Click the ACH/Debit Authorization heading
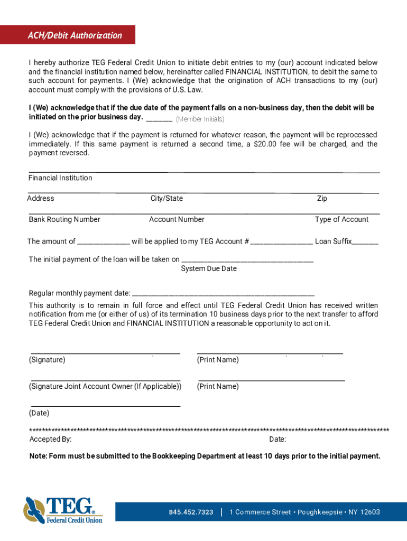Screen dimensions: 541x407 [75, 35]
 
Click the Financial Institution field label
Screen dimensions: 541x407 [60, 178]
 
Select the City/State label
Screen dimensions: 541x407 [166, 199]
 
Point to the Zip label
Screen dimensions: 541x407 [322, 199]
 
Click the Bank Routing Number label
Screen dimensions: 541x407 [64, 220]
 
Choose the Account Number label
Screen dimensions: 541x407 [177, 220]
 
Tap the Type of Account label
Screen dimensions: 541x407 [341, 220]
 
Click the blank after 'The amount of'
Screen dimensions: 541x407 [104, 242]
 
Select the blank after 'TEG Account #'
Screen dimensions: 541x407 [281, 242]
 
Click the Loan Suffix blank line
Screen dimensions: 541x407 [365, 242]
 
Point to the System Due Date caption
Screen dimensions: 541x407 [209, 269]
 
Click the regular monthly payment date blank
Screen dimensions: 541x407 [223, 294]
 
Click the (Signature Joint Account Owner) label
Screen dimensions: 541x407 [105, 387]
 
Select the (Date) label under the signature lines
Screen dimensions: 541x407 [39, 413]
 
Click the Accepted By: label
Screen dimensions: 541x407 [51, 440]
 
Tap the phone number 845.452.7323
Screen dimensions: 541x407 [191, 512]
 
